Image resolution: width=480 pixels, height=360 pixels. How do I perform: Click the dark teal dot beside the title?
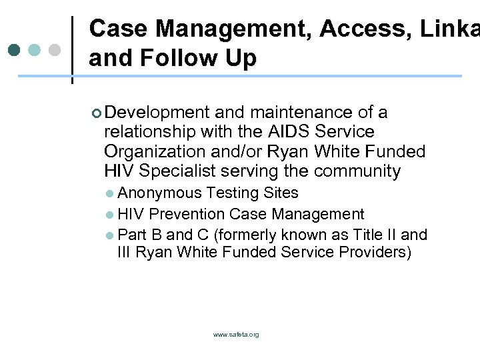coord(15,50)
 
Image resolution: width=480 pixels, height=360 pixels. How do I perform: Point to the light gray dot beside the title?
coord(55,50)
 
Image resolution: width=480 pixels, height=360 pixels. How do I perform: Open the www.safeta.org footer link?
coord(236,335)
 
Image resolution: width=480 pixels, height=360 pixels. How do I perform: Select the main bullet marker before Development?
coord(97,113)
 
